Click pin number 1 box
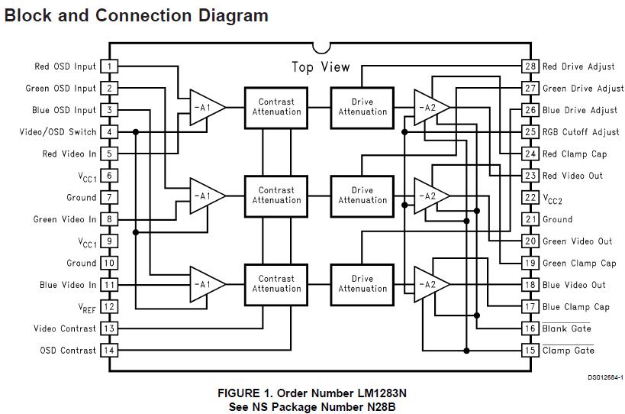pyautogui.click(x=109, y=66)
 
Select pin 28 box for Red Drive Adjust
pyautogui.click(x=530, y=66)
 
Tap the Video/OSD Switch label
pyautogui.click(x=58, y=132)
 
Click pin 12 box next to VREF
pyautogui.click(x=109, y=307)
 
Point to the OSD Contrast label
pyautogui.click(x=68, y=351)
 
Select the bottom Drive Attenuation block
pyautogui.click(x=362, y=284)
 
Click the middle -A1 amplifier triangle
pyautogui.click(x=205, y=196)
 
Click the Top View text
pyautogui.click(x=321, y=67)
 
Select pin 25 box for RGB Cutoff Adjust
pyautogui.click(x=530, y=132)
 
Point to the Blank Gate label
pyautogui.click(x=566, y=329)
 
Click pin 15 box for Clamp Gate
pyautogui.click(x=530, y=351)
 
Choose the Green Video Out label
pyautogui.click(x=577, y=241)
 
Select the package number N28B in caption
pyautogui.click(x=379, y=406)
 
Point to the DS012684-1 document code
pyautogui.click(x=604, y=377)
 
